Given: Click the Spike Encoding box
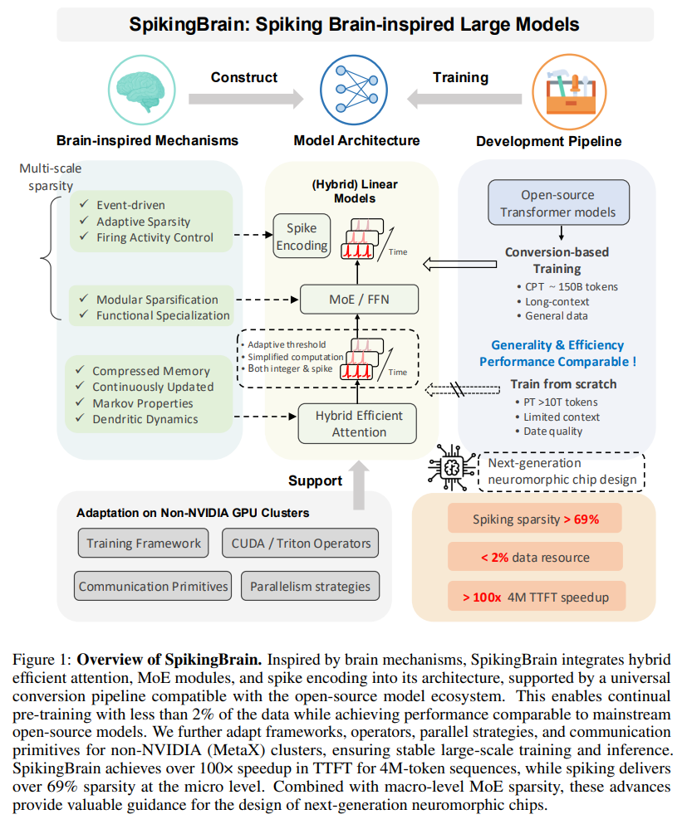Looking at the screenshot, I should click(x=302, y=236).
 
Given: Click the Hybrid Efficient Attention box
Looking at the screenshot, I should click(x=359, y=423).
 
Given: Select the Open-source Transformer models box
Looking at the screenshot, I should click(x=557, y=203).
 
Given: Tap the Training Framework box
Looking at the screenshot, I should click(x=145, y=544).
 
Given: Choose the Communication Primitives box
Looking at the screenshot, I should click(x=153, y=586).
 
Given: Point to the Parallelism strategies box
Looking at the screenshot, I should click(x=310, y=586).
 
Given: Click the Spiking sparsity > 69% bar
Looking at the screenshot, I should click(x=536, y=519).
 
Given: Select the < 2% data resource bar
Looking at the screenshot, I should click(x=536, y=558).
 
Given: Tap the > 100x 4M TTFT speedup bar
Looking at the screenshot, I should click(x=536, y=596).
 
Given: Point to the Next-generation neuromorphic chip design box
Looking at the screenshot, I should click(x=562, y=471).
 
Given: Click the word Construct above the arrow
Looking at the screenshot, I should click(x=243, y=77).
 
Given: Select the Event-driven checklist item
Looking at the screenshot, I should click(x=130, y=205).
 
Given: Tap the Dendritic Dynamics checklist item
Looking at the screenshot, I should click(x=145, y=419).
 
